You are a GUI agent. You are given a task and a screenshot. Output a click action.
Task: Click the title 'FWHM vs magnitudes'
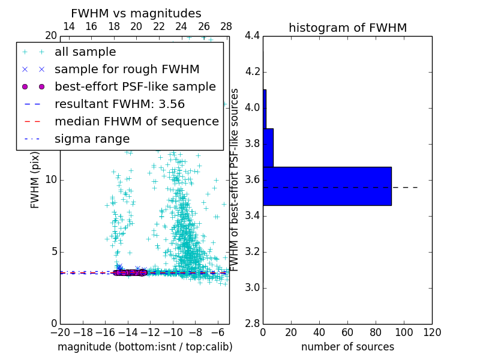136,13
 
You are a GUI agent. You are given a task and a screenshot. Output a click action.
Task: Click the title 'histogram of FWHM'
347,28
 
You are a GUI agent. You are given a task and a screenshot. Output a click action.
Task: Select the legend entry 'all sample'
85,52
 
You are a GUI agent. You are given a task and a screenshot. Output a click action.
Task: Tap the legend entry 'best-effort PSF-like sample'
135,86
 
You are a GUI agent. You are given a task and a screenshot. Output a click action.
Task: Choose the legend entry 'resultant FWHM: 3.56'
119,104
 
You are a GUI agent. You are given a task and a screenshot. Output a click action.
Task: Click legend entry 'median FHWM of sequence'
136,121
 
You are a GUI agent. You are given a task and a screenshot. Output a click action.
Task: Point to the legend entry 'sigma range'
92,139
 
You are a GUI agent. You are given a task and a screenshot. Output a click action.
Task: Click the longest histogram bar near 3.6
327,186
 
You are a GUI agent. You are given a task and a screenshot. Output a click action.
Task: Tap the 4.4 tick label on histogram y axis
252,36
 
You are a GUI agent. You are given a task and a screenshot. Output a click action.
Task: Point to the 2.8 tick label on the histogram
252,324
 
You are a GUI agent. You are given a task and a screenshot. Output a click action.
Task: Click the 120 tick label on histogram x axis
432,332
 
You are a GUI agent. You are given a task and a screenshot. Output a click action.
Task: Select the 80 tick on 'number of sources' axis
376,332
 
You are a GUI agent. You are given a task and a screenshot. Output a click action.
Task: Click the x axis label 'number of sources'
347,347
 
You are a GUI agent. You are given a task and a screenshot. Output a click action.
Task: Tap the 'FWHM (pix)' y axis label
35,180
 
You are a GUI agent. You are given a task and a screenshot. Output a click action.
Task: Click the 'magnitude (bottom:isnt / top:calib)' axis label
145,347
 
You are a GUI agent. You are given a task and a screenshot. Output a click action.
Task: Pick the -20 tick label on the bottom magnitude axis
60,332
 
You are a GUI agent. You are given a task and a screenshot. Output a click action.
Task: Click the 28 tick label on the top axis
226,26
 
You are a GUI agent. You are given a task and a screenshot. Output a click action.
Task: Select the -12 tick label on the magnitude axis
150,332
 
